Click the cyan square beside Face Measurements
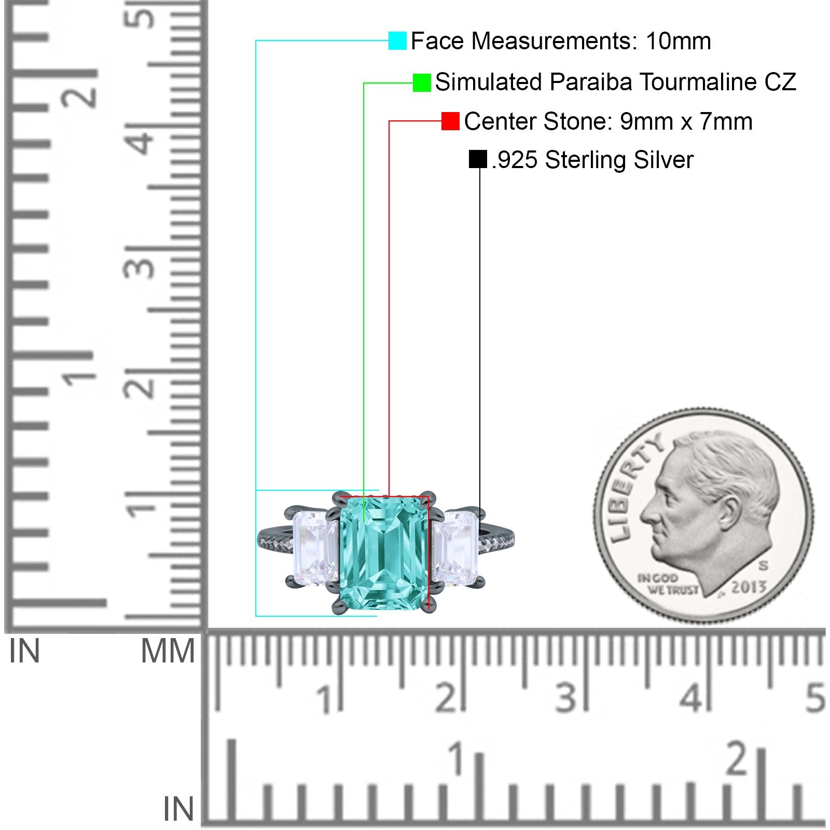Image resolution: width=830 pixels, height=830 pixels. point(397,40)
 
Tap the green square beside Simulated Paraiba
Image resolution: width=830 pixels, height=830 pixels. point(422,82)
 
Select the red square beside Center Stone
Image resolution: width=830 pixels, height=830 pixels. point(450,121)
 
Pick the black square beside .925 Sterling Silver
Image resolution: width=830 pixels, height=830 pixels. point(478,159)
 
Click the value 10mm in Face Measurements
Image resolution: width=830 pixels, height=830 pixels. point(679,41)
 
